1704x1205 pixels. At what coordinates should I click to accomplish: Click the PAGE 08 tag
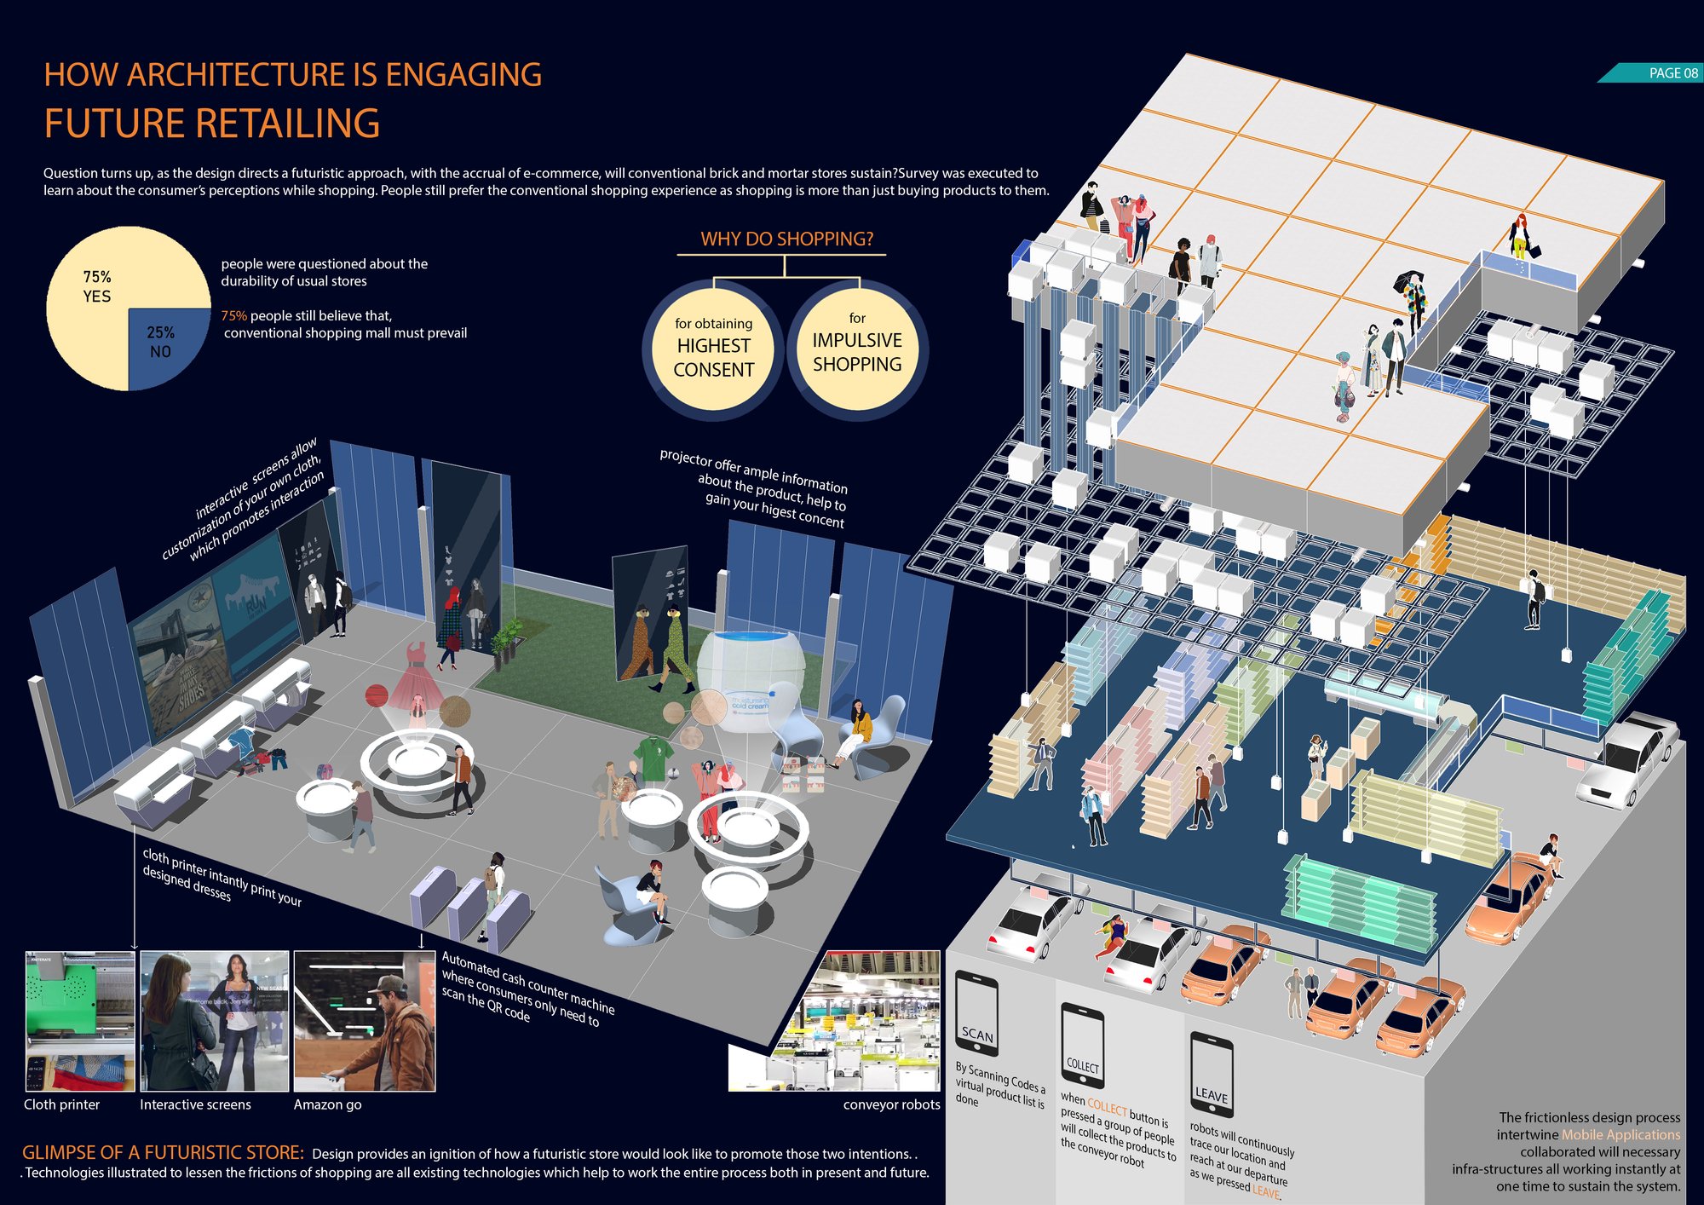coord(1653,73)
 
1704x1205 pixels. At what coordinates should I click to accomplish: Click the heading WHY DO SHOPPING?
coord(786,239)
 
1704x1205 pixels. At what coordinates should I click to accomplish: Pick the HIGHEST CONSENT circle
coord(714,349)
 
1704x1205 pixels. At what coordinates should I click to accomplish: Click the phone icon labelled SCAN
coord(976,1013)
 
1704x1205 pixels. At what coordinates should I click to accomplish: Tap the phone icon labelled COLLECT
coord(1082,1046)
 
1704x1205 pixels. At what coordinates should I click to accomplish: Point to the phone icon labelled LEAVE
coord(1211,1075)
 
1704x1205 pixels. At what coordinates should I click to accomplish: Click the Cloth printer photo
coord(80,1021)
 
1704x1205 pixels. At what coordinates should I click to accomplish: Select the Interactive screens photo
coord(215,1021)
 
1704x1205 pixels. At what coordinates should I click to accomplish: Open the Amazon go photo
coord(365,1021)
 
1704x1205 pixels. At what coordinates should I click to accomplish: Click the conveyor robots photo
coord(835,1021)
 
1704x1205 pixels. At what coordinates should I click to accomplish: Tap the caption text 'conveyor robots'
coord(891,1104)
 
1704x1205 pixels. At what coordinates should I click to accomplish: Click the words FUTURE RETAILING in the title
coord(212,124)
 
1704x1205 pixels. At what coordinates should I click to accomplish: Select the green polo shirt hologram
coord(653,758)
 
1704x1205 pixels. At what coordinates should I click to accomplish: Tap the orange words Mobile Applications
coord(1621,1134)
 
